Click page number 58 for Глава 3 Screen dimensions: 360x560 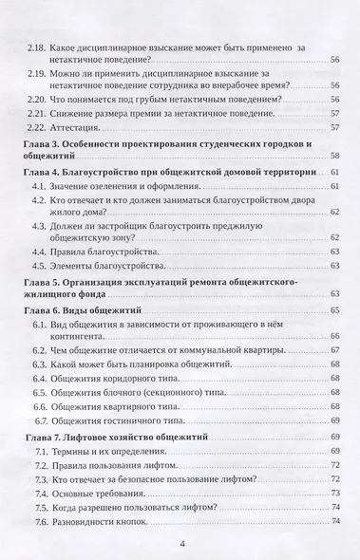click(335, 154)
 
